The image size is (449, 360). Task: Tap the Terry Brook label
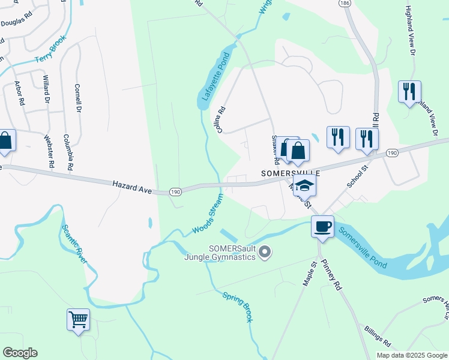(50, 50)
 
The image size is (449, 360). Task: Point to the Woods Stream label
(208, 214)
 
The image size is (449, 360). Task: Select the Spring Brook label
(238, 307)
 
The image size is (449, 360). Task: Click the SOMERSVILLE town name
(291, 172)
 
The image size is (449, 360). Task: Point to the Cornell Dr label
(77, 99)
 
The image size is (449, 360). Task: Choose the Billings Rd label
(378, 337)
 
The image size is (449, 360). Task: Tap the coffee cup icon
(322, 226)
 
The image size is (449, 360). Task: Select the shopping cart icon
(78, 319)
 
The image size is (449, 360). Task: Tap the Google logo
(20, 353)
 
